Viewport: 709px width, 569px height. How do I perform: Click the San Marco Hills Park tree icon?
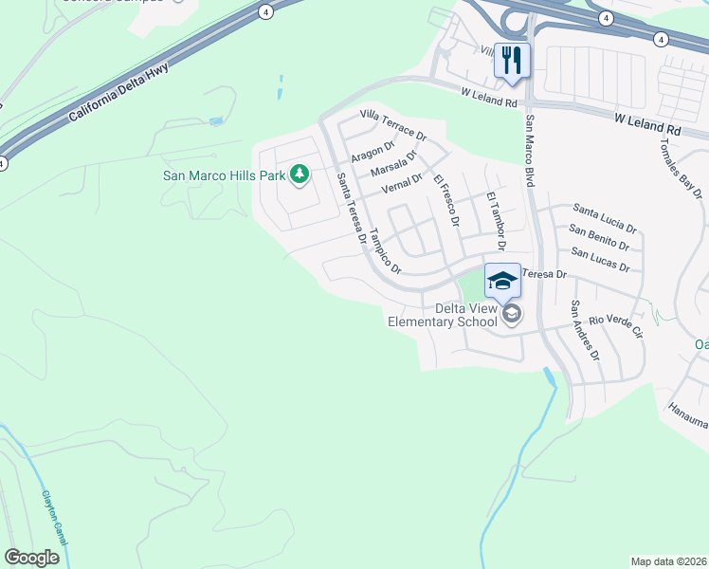[300, 174]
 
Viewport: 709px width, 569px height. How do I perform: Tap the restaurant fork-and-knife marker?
[512, 60]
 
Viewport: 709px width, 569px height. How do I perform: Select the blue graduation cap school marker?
[502, 280]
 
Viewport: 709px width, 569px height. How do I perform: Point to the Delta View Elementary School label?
[443, 315]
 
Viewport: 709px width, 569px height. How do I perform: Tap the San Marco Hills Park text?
[225, 174]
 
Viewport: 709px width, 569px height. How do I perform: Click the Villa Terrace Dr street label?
[393, 124]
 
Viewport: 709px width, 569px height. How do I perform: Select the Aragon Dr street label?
[372, 152]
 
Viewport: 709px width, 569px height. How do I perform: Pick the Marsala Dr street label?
[393, 163]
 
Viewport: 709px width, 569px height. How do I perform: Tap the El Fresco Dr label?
[445, 200]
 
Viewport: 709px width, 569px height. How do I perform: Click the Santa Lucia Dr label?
[604, 218]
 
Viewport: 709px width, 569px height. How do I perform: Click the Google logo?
[31, 558]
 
